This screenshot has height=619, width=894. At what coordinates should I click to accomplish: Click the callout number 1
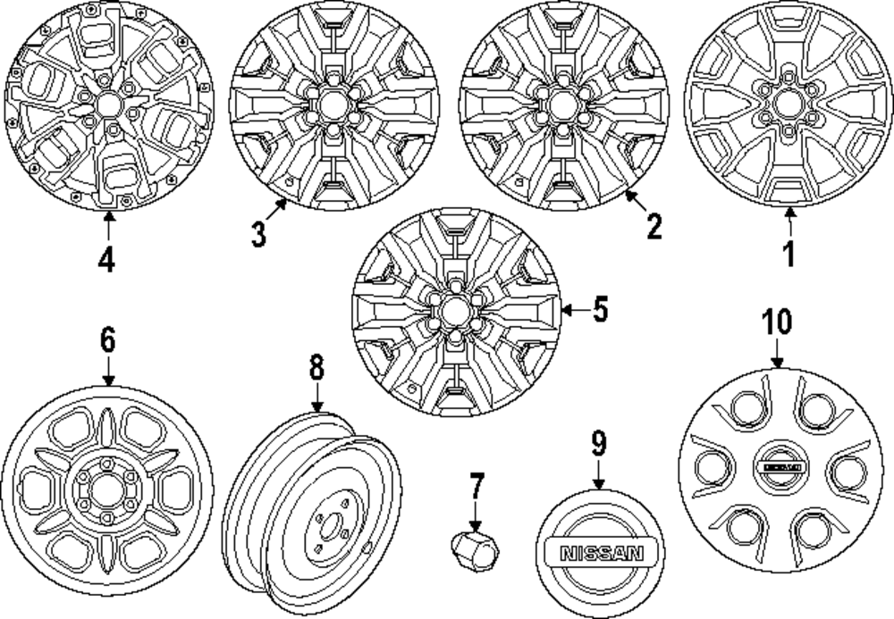pos(788,254)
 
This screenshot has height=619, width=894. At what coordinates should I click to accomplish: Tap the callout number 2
pos(654,227)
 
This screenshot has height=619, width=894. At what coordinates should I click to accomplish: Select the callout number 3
pos(258,235)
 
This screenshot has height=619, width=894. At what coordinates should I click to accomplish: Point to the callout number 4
pos(106,258)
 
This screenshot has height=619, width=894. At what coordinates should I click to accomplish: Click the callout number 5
pos(600,310)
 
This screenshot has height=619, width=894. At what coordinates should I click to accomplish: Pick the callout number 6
pos(107,340)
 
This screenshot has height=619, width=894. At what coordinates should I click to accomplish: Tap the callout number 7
pos(476,488)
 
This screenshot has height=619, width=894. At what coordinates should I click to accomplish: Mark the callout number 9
pos(598,442)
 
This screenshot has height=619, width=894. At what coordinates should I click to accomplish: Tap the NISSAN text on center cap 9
pos(600,553)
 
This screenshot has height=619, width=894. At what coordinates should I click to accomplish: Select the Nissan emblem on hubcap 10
pos(782,466)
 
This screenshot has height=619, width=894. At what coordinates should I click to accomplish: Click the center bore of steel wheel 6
pos(108,487)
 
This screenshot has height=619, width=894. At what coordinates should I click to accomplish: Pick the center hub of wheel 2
pos(562,105)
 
